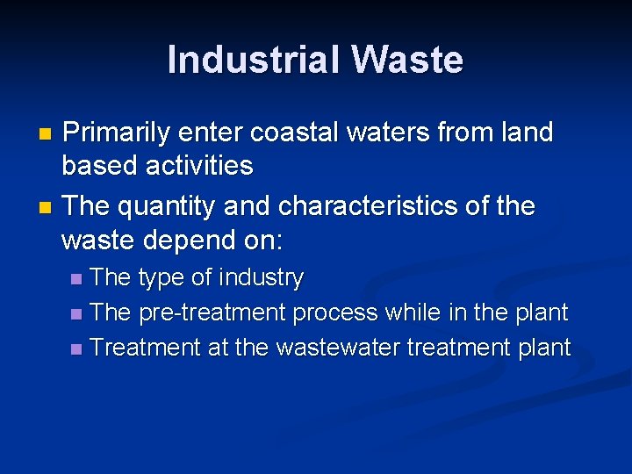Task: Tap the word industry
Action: (261, 278)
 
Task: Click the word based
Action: (94, 166)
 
